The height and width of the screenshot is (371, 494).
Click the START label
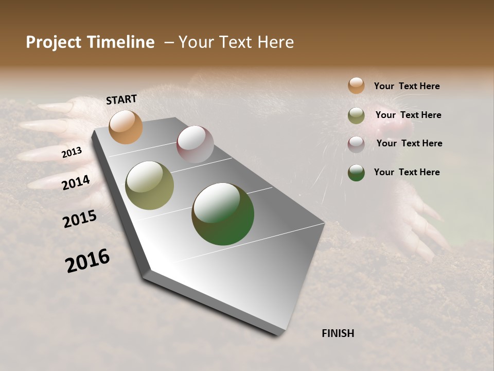(121, 99)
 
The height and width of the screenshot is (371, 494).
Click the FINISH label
(338, 333)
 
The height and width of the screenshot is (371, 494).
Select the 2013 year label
(72, 153)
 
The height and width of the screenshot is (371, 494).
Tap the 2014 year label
(76, 182)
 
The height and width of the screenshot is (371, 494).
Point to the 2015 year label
(79, 219)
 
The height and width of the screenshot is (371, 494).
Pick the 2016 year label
(87, 261)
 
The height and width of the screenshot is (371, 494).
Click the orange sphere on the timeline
(126, 127)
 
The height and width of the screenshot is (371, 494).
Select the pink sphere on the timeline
(195, 144)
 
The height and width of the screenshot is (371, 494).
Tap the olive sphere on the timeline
(149, 185)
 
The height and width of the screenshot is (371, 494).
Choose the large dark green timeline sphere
(223, 214)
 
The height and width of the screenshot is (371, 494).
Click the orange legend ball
(356, 86)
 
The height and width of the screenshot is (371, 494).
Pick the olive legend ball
(356, 115)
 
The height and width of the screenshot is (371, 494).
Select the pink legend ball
(356, 144)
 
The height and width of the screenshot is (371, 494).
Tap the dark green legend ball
(356, 173)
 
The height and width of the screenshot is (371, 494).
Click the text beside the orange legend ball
(407, 86)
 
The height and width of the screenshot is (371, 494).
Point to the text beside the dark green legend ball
(407, 172)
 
